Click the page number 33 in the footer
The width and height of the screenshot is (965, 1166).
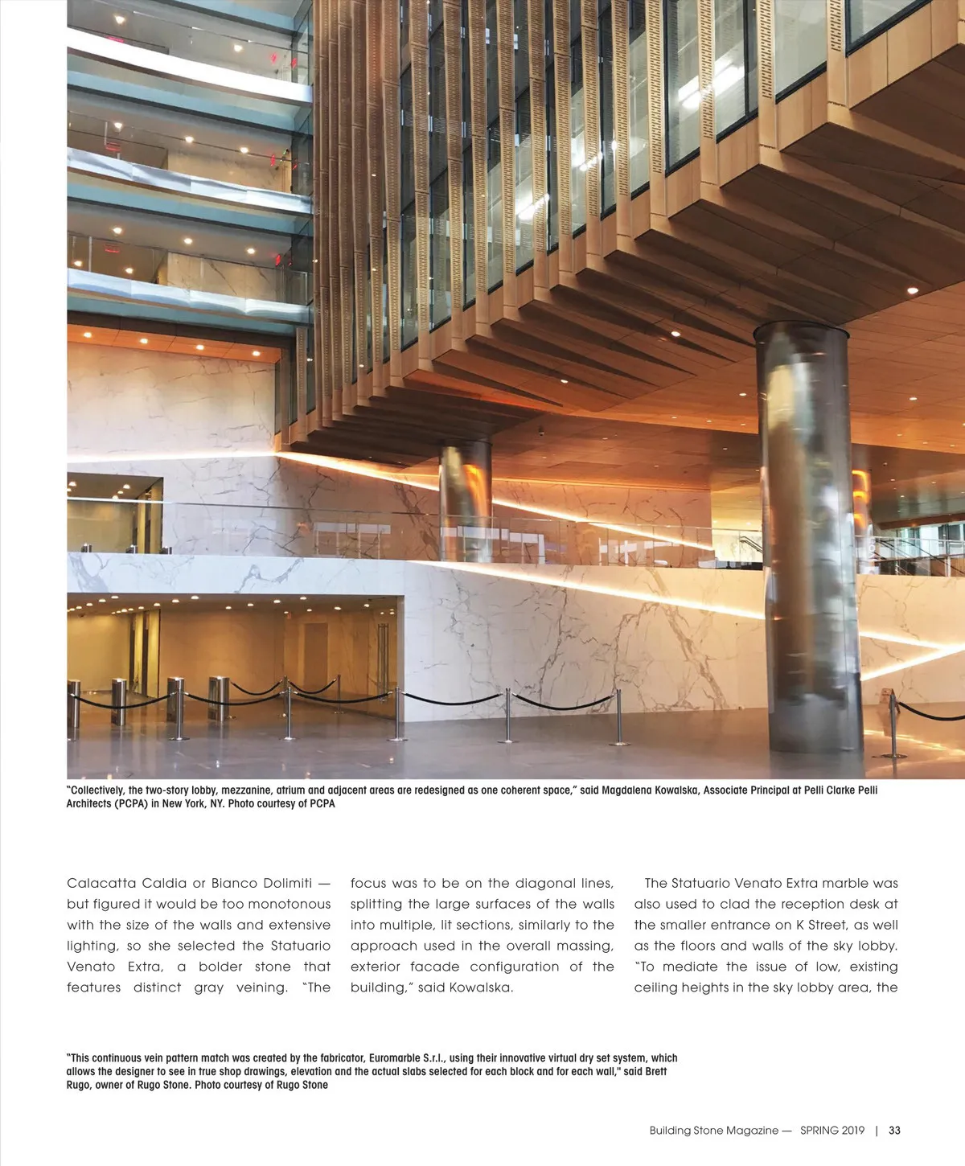click(894, 1130)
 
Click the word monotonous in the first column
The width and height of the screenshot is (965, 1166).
click(289, 904)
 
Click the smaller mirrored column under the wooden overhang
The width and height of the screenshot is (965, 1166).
click(465, 499)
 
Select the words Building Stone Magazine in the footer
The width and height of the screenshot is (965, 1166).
click(714, 1130)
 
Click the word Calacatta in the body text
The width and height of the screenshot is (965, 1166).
click(101, 883)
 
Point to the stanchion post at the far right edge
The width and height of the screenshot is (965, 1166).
click(893, 724)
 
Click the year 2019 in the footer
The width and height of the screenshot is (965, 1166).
click(848, 1130)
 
